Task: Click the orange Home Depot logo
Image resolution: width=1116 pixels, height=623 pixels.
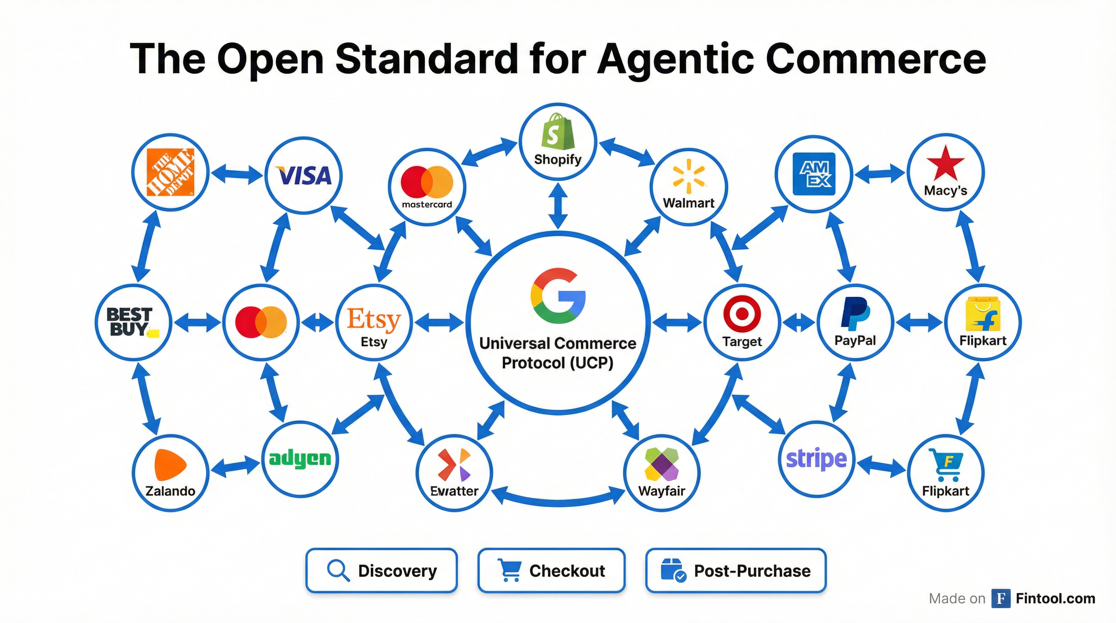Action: point(170,172)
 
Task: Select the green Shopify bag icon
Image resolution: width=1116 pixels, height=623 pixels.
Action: point(558,131)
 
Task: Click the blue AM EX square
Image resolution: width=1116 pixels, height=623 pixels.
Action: point(813,174)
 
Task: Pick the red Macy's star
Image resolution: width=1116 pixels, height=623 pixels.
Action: point(945,163)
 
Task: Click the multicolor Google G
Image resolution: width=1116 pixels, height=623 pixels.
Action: point(558,296)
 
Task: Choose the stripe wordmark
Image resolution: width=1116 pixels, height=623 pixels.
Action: point(816,459)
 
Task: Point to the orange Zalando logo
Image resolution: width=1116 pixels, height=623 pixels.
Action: point(170,465)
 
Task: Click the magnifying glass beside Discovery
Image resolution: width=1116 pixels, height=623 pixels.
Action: point(338,570)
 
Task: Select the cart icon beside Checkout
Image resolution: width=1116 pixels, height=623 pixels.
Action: point(509,570)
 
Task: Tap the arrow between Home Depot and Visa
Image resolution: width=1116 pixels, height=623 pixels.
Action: point(237,174)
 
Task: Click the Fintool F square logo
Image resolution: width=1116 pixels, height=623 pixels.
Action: point(1001,598)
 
